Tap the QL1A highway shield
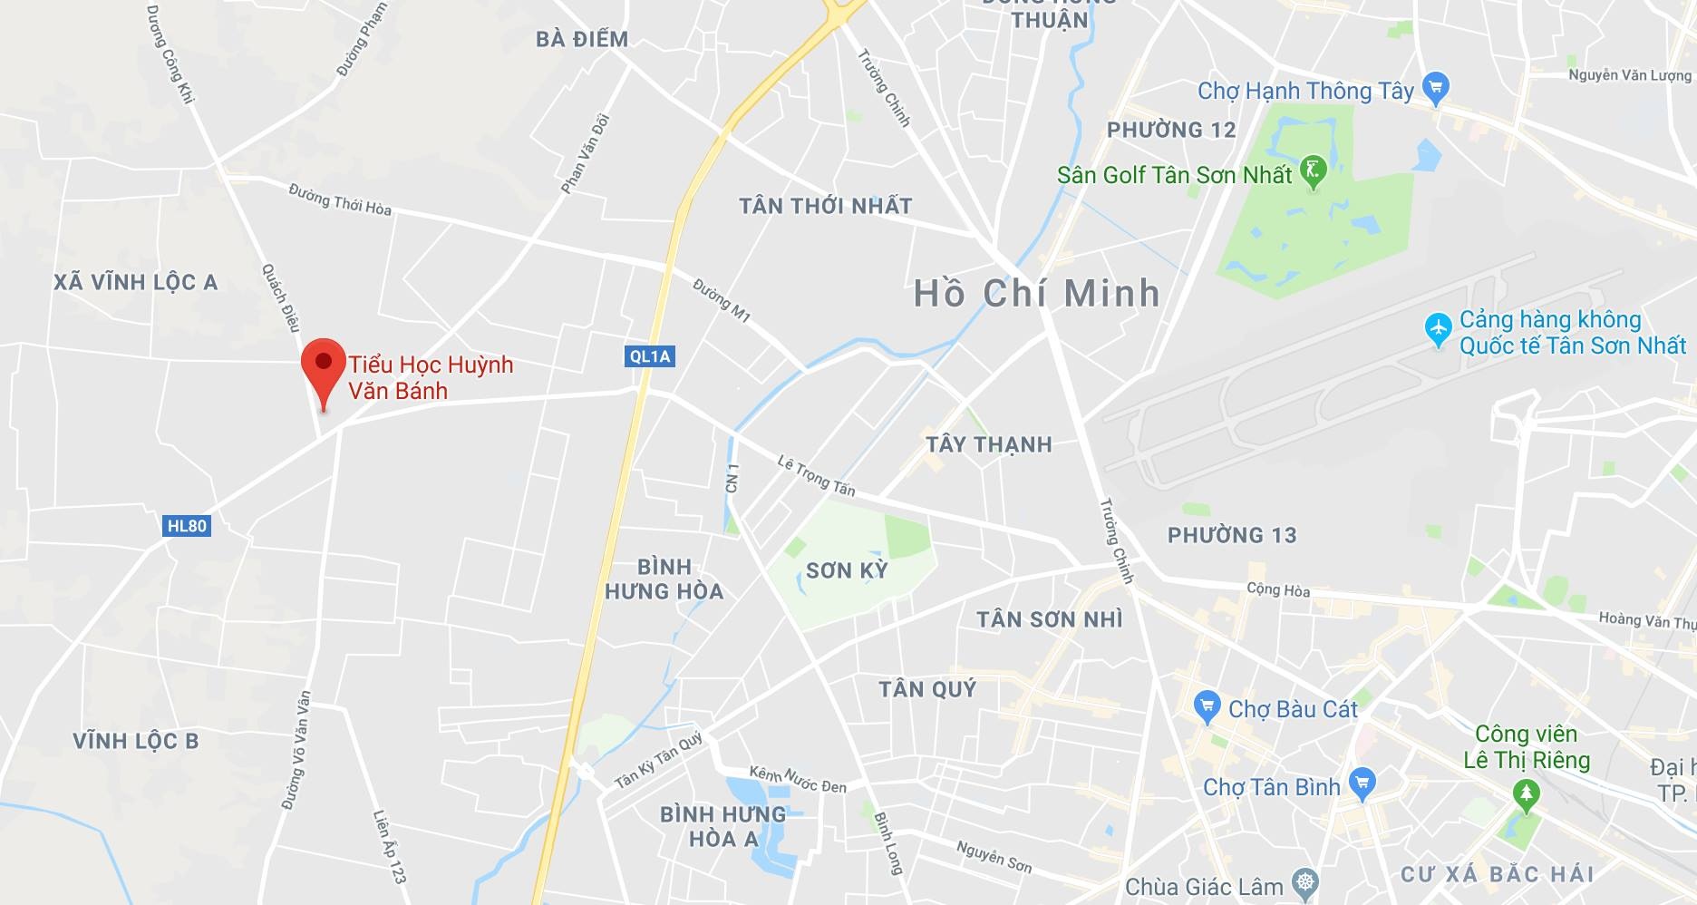click(x=650, y=356)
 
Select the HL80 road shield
click(x=188, y=526)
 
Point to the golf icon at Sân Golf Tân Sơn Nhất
click(x=1313, y=170)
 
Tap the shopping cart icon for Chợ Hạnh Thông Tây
click(x=1435, y=88)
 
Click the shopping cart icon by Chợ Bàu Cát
click(x=1207, y=706)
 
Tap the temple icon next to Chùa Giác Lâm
click(x=1305, y=882)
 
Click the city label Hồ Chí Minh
click(x=1036, y=293)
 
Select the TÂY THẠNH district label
click(x=988, y=444)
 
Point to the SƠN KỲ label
click(x=847, y=570)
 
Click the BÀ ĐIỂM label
click(x=581, y=39)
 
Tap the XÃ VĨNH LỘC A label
click(x=135, y=283)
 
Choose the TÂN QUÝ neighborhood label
click(x=927, y=689)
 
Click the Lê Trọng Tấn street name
click(x=816, y=476)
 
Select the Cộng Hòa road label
click(x=1278, y=589)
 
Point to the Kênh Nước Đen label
click(x=798, y=779)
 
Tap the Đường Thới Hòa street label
click(x=340, y=200)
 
